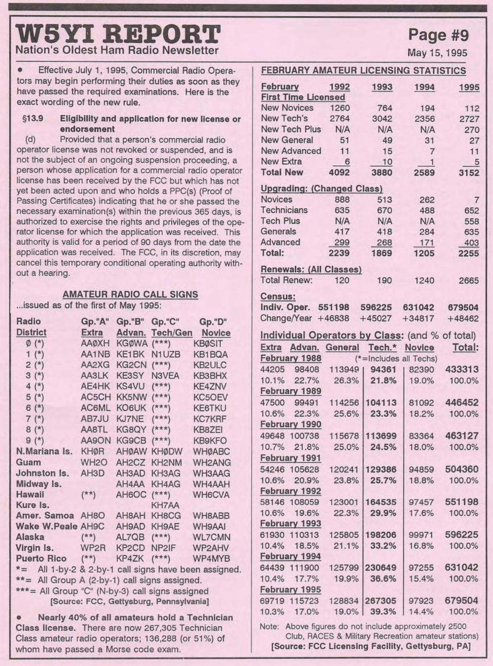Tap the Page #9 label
click(438, 35)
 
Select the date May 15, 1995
click(437, 53)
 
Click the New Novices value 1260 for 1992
click(340, 108)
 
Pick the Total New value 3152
click(468, 173)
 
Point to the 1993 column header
click(382, 87)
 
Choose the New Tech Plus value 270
click(472, 130)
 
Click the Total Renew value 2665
click(468, 281)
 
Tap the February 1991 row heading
click(291, 458)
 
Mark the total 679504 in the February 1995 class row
click(461, 601)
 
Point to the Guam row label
click(29, 462)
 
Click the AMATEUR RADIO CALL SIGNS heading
click(130, 294)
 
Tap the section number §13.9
click(33, 119)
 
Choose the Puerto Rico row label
click(41, 559)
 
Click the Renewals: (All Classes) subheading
click(311, 270)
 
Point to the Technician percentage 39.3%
click(383, 612)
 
